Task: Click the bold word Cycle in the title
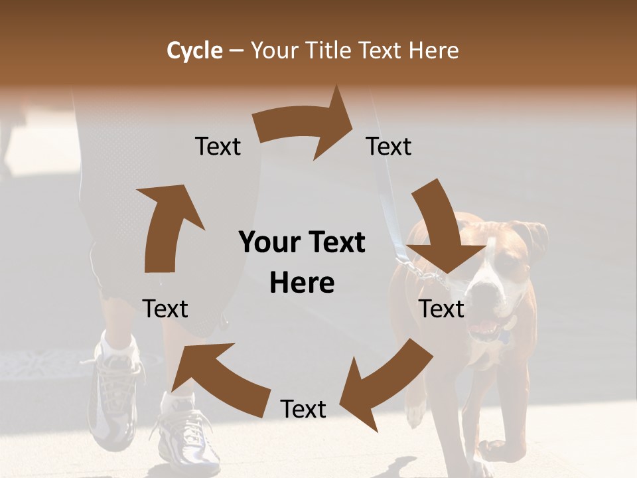point(194,50)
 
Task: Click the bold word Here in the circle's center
point(302,283)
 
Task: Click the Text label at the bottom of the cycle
point(303,409)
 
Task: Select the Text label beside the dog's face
point(442,309)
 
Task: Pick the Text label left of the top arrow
point(218,146)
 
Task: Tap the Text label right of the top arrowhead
point(389,146)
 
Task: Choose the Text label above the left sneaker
point(165,309)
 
